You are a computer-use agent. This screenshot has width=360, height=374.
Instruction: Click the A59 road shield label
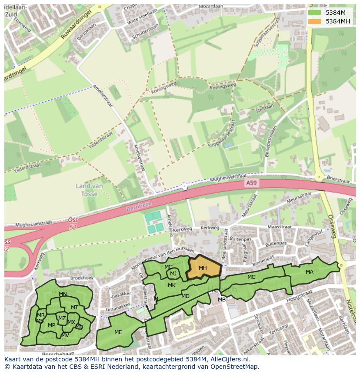[x=251, y=183]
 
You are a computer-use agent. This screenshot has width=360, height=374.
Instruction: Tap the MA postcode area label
[x=309, y=272]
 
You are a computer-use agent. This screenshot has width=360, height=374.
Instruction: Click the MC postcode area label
[x=251, y=277]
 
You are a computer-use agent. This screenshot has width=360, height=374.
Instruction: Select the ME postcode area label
[x=118, y=332]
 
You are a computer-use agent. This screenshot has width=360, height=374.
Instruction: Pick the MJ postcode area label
[x=173, y=273]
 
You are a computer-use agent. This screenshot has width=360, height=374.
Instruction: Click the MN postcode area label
[x=63, y=294]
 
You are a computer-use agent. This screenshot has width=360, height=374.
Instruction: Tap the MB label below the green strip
[x=222, y=300]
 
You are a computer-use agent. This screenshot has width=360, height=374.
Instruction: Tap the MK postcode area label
[x=172, y=285]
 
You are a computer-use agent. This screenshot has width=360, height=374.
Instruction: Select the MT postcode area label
[x=74, y=308]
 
